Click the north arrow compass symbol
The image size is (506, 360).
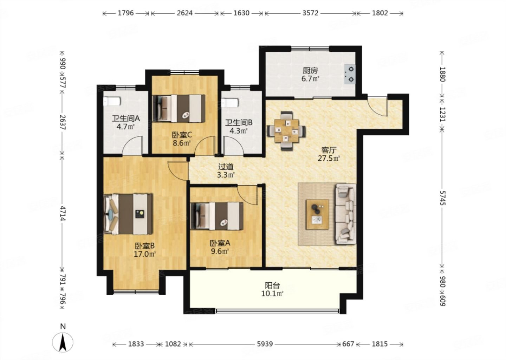[63, 342]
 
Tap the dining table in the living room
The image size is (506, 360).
[286, 131]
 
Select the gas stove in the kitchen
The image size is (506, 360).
[349, 74]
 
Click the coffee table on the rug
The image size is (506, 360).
[317, 214]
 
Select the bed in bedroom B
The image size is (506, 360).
[128, 214]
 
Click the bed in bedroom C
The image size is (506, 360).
[179, 109]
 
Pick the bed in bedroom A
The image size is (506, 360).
[217, 216]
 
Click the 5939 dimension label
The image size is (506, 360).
[265, 344]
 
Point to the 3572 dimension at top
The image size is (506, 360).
[310, 13]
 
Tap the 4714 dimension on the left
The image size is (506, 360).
[63, 213]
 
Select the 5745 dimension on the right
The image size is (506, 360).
[442, 198]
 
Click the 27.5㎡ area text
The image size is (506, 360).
[329, 158]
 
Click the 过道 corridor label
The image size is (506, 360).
[226, 167]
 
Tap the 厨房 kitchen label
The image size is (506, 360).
[310, 71]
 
